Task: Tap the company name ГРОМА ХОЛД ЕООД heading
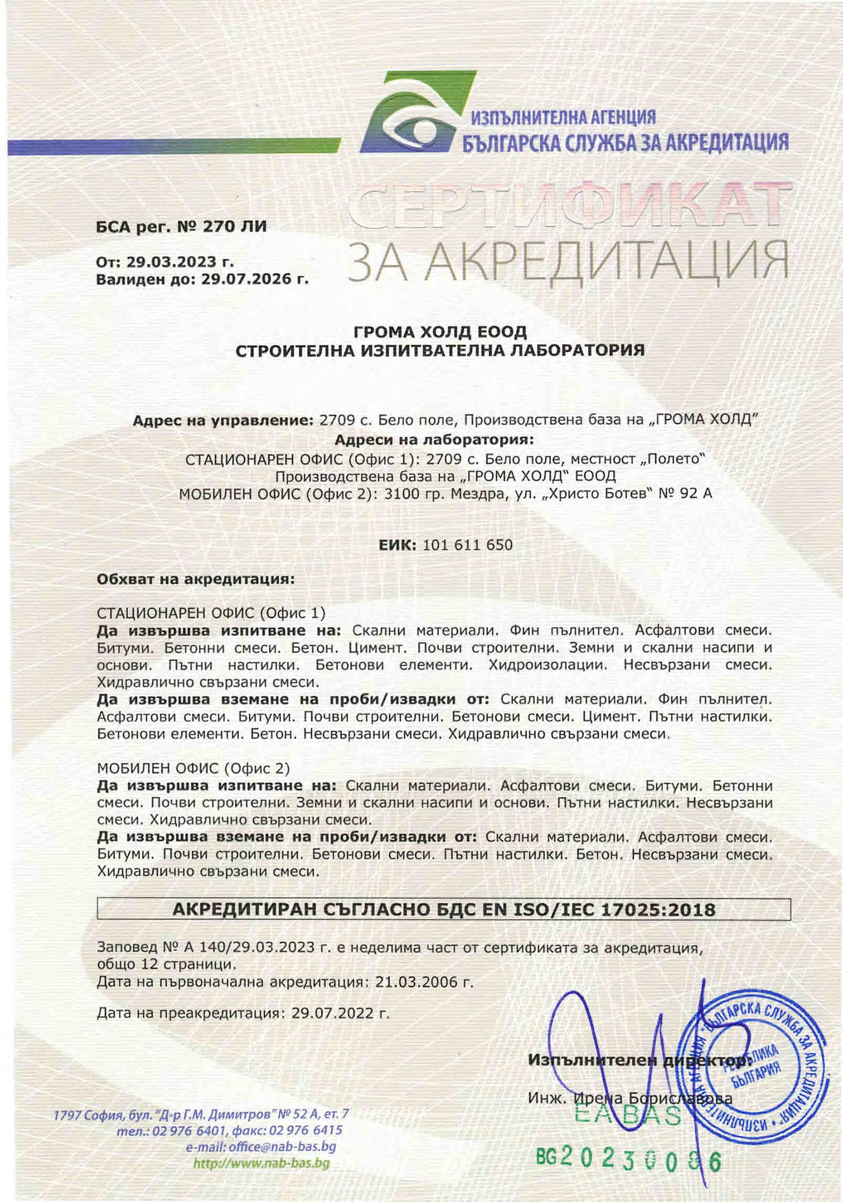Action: (440, 332)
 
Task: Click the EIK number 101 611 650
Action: (467, 545)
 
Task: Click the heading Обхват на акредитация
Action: (195, 579)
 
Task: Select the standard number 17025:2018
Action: (658, 910)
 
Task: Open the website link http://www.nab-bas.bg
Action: (261, 1163)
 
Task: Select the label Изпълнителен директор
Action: (639, 1060)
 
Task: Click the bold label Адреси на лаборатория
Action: (434, 439)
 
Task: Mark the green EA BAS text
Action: (626, 1115)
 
